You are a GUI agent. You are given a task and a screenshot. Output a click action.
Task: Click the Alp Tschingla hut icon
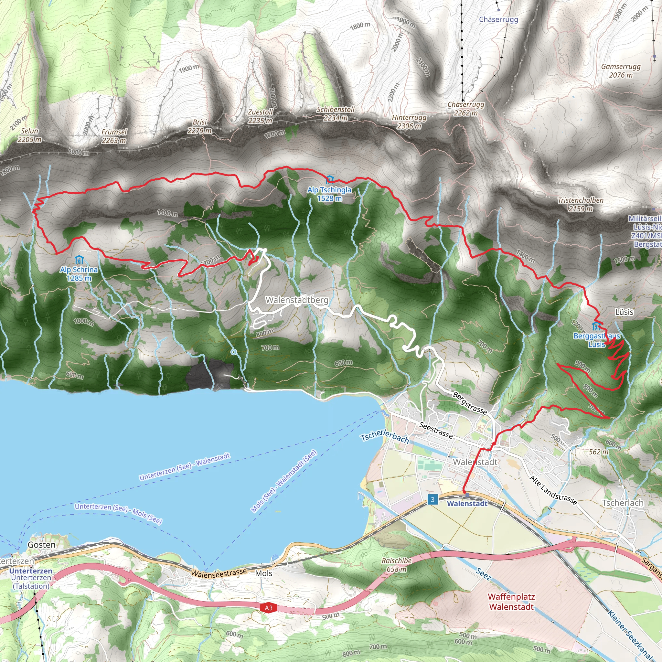[x=330, y=179]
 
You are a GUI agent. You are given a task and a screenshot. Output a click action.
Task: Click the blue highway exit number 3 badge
[x=432, y=499]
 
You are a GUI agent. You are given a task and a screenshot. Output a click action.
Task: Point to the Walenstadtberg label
[x=297, y=300]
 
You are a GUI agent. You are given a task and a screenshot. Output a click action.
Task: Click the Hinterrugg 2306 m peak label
[x=409, y=122]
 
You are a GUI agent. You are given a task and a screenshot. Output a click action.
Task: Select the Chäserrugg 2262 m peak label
[x=466, y=109]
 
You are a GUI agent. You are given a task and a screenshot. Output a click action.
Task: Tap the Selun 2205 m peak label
[x=29, y=135]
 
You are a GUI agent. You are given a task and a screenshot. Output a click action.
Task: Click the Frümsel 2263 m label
[x=114, y=136]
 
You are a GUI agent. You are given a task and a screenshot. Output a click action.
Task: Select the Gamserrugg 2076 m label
[x=621, y=70]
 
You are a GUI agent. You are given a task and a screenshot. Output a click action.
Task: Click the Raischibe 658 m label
[x=396, y=565]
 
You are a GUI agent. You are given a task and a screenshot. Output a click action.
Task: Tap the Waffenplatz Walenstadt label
[x=511, y=602]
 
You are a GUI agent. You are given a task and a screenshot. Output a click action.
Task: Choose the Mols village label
[x=263, y=573]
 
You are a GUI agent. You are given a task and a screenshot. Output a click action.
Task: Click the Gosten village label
[x=41, y=545]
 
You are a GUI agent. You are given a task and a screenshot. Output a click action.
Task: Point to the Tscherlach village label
[x=623, y=503]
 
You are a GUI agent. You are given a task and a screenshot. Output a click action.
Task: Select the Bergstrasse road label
[x=470, y=403]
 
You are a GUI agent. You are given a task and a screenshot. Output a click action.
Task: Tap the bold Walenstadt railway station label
[x=467, y=504]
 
